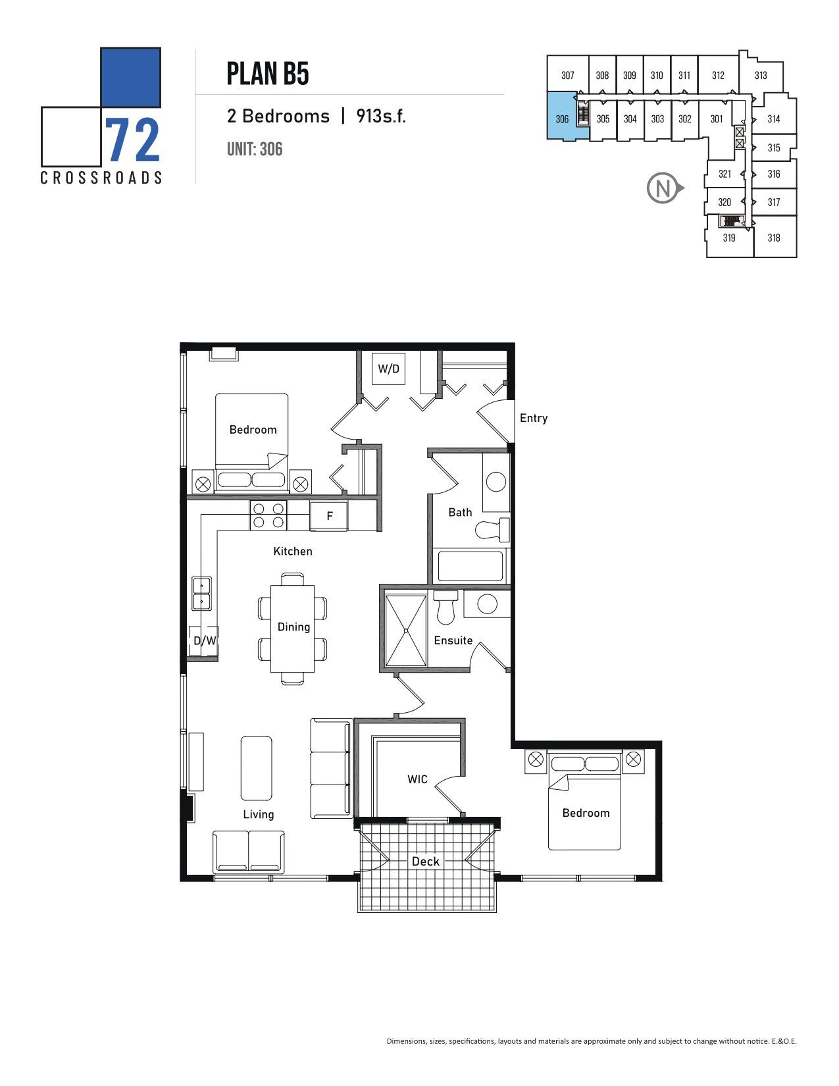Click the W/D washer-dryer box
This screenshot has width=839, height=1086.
[x=388, y=369]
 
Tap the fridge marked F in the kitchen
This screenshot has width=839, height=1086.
[x=329, y=515]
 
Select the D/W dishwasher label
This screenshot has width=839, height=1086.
[x=205, y=640]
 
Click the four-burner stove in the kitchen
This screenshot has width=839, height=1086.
[x=268, y=516]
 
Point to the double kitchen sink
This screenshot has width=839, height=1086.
[x=201, y=593]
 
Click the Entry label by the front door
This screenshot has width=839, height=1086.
[x=533, y=418]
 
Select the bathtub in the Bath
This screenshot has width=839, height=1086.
[x=470, y=566]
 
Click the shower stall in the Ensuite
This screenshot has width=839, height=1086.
[x=406, y=631]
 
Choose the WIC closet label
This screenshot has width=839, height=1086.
[x=417, y=779]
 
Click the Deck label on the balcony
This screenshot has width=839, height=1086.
[x=426, y=861]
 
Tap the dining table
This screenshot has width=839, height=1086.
[x=293, y=629]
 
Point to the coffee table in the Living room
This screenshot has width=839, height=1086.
[x=257, y=768]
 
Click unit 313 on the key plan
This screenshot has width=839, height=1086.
[x=761, y=76]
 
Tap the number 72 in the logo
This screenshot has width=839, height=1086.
[x=132, y=141]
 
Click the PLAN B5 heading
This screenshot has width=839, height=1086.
[x=268, y=74]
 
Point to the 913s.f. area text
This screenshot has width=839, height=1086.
[x=381, y=116]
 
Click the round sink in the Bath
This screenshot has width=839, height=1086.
[x=496, y=482]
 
